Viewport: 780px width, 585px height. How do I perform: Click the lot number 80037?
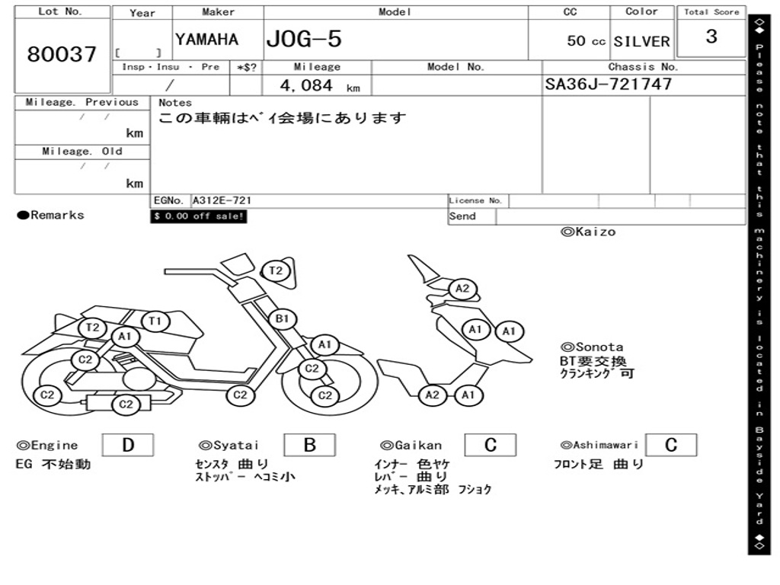[62, 55]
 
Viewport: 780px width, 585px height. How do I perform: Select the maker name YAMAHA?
[206, 40]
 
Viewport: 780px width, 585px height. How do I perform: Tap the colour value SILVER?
[641, 42]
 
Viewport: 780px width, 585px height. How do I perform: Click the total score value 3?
[711, 37]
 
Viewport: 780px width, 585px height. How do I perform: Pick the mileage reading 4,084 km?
[318, 86]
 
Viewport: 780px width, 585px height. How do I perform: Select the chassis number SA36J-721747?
[608, 85]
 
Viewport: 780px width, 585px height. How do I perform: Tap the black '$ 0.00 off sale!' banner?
[199, 216]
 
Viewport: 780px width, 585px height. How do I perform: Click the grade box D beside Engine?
[127, 445]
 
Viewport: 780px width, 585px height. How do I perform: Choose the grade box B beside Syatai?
[309, 445]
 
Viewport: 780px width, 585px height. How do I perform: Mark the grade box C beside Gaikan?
[490, 445]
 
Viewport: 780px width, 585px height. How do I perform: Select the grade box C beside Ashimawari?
[670, 445]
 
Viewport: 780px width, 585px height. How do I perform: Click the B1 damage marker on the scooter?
[282, 318]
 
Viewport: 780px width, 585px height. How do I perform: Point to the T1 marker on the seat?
[155, 321]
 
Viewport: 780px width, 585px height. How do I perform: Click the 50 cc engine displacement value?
[585, 41]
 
